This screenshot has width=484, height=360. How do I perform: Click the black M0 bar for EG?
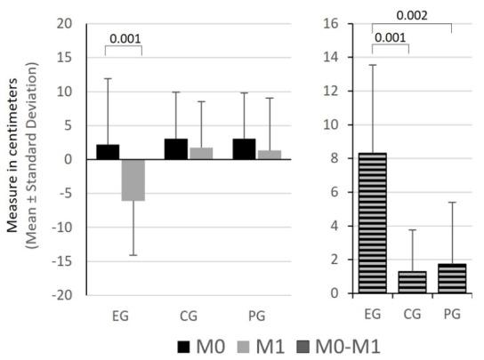(x=108, y=152)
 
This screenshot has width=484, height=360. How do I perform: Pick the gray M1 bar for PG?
(x=269, y=155)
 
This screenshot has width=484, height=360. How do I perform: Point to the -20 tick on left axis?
(x=63, y=295)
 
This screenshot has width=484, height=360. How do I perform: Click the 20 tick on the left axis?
(x=66, y=24)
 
